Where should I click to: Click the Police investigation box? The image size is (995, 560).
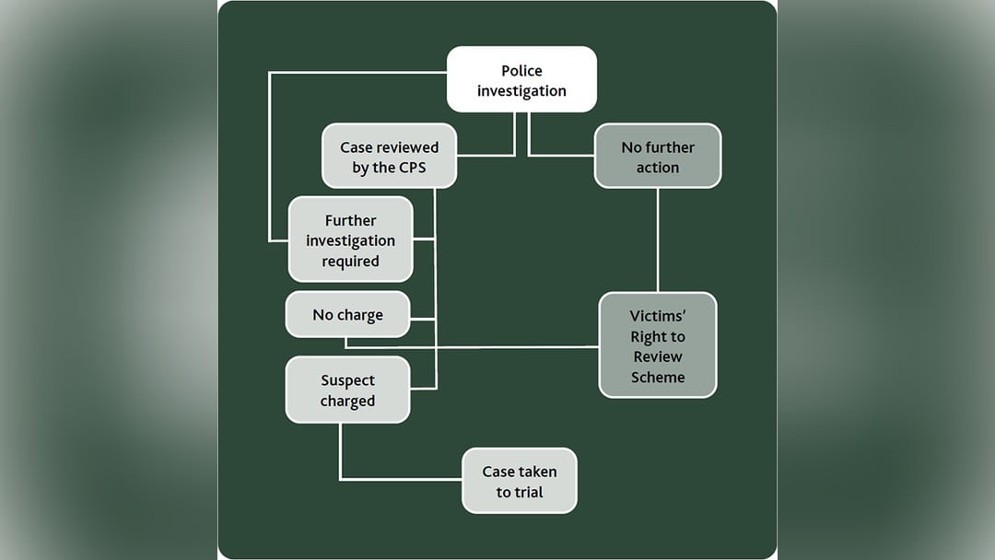pyautogui.click(x=521, y=80)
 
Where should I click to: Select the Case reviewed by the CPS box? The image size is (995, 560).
pyautogui.click(x=389, y=157)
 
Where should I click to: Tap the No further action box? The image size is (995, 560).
pyautogui.click(x=657, y=157)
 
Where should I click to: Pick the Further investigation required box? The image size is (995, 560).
pyautogui.click(x=350, y=240)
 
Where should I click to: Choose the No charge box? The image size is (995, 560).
pyautogui.click(x=347, y=315)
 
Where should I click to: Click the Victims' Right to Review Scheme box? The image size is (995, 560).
pyautogui.click(x=657, y=345)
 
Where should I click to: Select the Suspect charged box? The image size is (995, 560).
pyautogui.click(x=347, y=391)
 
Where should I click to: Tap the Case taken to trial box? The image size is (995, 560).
pyautogui.click(x=519, y=481)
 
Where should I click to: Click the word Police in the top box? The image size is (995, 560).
pyautogui.click(x=521, y=71)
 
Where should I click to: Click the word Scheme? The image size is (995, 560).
pyautogui.click(x=658, y=377)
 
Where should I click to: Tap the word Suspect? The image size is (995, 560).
pyautogui.click(x=348, y=380)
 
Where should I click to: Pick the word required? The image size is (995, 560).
pyautogui.click(x=350, y=261)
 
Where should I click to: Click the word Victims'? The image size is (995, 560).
pyautogui.click(x=658, y=316)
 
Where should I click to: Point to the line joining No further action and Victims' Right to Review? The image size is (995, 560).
pyautogui.click(x=657, y=239)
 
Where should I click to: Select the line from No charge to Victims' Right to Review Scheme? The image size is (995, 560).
pyautogui.click(x=479, y=347)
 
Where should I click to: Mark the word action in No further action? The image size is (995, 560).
pyautogui.click(x=658, y=168)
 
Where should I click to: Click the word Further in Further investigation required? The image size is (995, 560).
pyautogui.click(x=351, y=220)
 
